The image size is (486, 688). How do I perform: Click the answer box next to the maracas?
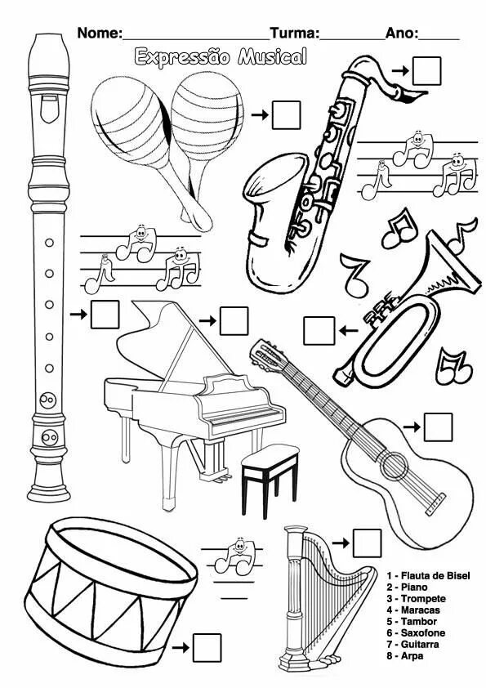click(x=287, y=114)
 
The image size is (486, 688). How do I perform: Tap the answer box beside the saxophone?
click(x=426, y=70)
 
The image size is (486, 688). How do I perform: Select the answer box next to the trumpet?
click(x=319, y=330)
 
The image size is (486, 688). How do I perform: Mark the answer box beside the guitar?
click(x=439, y=427)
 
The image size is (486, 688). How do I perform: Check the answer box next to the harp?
click(x=368, y=543)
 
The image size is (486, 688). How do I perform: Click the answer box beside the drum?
click(x=208, y=646)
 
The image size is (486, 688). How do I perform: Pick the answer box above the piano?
click(x=234, y=320)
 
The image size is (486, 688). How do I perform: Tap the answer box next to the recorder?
click(x=105, y=315)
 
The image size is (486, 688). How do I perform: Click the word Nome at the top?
click(x=98, y=34)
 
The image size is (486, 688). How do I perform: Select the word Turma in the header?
click(x=294, y=34)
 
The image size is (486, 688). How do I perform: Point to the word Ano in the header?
click(x=402, y=34)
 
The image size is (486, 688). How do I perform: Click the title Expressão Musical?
click(x=221, y=56)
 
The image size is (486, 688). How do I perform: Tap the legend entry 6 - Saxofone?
click(x=416, y=632)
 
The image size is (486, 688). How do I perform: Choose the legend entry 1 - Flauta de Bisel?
click(x=428, y=575)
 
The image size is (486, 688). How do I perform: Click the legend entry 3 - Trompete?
click(x=416, y=598)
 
